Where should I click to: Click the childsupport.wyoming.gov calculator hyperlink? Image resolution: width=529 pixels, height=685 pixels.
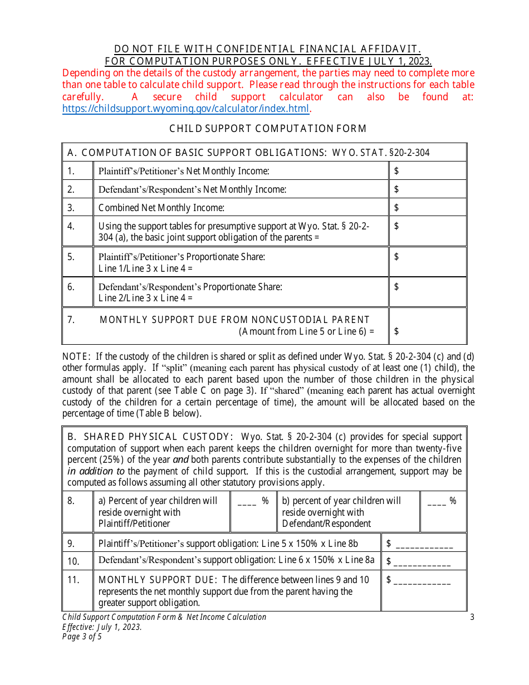pos(185,109)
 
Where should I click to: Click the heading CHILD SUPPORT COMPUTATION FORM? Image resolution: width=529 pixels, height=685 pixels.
pos(268,129)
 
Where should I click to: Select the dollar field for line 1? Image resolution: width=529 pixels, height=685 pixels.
pos(427,171)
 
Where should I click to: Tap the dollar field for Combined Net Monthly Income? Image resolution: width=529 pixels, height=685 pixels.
pos(427,208)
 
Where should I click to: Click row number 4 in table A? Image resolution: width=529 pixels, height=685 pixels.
pos(71,226)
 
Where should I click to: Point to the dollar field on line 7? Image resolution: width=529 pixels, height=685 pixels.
pos(427,331)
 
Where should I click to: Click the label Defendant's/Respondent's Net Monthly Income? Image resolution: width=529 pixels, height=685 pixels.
pos(192,189)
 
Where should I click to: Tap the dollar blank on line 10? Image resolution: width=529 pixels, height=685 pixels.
pos(423,562)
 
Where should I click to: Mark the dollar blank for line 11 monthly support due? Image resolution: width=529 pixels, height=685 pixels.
pos(423,581)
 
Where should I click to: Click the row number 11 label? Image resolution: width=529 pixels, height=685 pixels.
pos(74,580)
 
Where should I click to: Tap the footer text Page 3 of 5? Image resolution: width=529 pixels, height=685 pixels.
pos(82,637)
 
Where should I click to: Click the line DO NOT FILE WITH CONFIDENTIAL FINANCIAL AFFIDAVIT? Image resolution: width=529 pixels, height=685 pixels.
pos(268,50)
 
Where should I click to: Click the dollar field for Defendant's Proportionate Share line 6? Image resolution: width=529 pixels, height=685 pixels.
pos(427,287)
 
